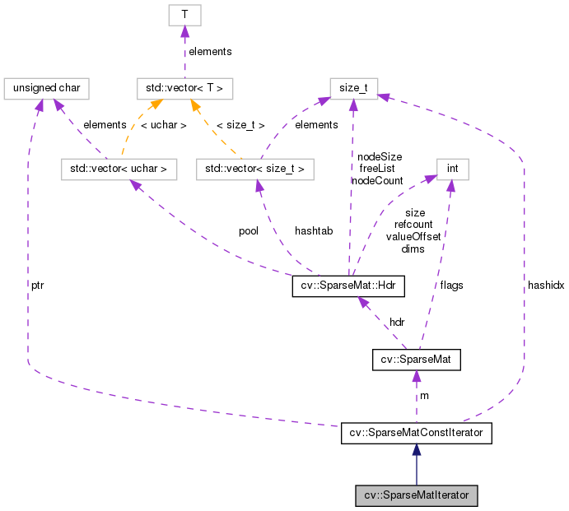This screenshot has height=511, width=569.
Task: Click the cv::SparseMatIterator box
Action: pos(417,496)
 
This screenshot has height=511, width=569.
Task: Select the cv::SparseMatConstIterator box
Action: pos(417,433)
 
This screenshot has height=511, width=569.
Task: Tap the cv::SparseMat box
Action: pos(417,360)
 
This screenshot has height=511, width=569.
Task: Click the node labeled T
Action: pos(184,15)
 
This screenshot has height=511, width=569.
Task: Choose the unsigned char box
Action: pos(45,86)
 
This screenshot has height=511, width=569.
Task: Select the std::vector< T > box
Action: pos(185,86)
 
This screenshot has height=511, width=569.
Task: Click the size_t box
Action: pos(354,86)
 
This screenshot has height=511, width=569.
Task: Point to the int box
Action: pos(452,170)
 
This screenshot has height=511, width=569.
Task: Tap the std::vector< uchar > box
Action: pos(119,170)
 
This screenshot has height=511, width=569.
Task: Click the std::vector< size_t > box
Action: pos(255,170)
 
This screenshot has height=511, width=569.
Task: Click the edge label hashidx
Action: pos(545,286)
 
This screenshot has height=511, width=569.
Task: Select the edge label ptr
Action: pos(38,285)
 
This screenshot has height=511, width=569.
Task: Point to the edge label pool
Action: pos(248,231)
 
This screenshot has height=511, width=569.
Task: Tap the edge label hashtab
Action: pos(314,231)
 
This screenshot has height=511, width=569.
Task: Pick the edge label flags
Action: pos(451,286)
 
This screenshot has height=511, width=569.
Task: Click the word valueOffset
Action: pos(413,236)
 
